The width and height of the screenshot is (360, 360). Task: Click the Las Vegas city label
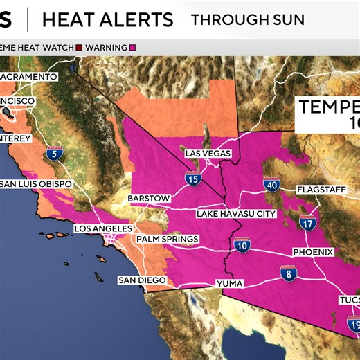click(207, 153)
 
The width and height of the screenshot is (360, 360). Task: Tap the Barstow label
click(149, 199)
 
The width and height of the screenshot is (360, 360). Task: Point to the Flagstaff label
click(319, 189)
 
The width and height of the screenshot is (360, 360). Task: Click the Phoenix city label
click(313, 252)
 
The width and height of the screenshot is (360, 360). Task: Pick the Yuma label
click(230, 284)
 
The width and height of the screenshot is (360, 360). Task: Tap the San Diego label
click(142, 280)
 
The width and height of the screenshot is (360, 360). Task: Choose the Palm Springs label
click(167, 240)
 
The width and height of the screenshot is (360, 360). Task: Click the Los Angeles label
click(102, 228)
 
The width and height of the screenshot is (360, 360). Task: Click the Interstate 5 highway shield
click(53, 154)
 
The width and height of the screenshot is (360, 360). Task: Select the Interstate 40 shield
click(271, 185)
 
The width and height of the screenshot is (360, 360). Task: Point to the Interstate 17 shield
click(307, 223)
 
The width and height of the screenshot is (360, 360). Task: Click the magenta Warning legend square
click(132, 48)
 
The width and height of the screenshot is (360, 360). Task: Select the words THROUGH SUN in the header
click(247, 19)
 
